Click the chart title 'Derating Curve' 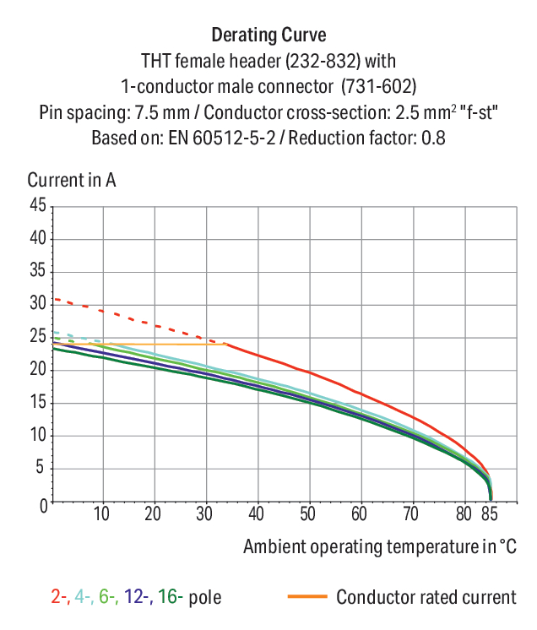point(268,35)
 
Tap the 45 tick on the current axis point(37,205)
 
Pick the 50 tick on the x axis point(307,513)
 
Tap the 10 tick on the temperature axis point(102,513)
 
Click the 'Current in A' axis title point(72,180)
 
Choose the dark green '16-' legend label point(170,598)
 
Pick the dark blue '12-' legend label point(138,598)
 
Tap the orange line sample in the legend point(306,597)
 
